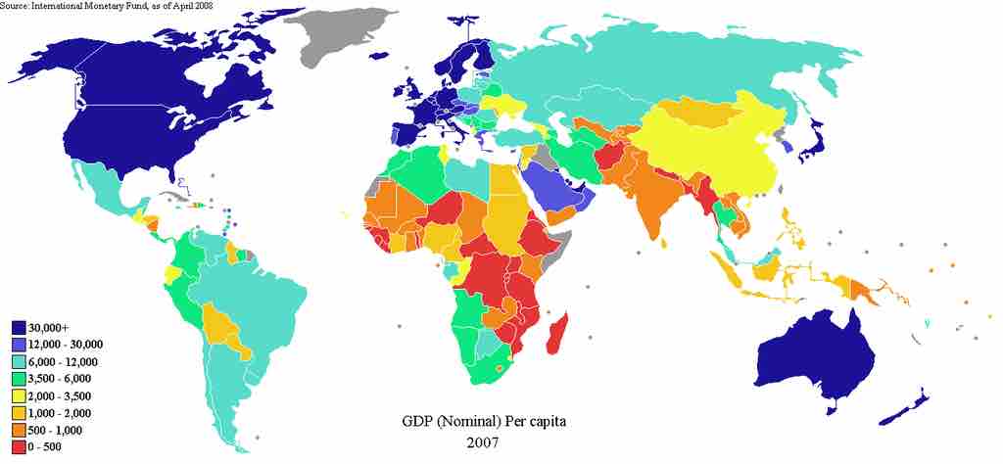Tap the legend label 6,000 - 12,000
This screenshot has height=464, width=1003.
[67, 361]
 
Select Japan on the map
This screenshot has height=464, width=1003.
[812, 144]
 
